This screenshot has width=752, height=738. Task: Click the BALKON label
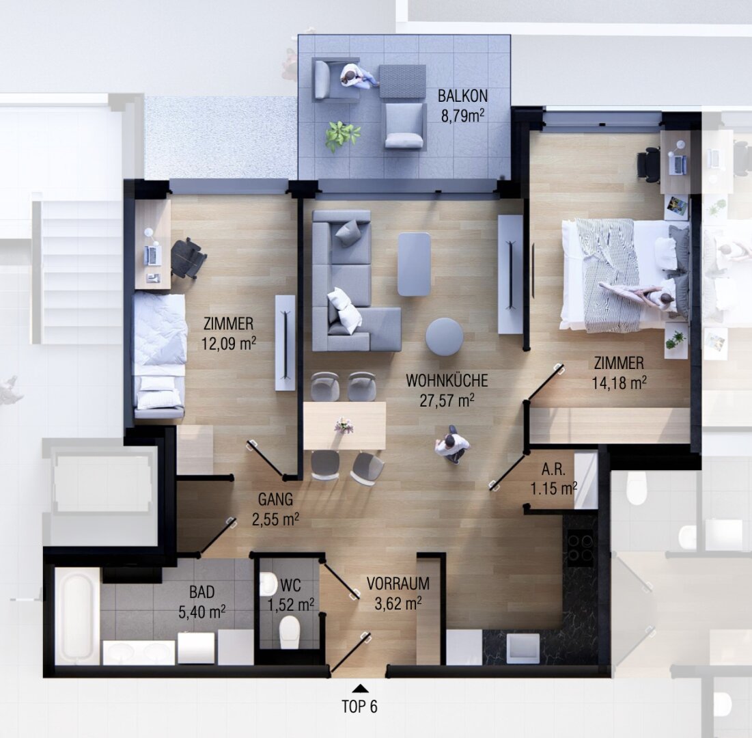click(462, 96)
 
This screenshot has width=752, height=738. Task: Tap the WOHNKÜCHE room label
click(447, 381)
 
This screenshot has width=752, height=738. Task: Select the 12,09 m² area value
click(229, 344)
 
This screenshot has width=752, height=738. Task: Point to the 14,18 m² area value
click(619, 383)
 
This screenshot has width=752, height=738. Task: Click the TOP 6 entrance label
click(359, 707)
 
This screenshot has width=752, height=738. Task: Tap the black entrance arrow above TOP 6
click(360, 689)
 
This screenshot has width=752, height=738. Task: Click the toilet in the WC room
click(290, 631)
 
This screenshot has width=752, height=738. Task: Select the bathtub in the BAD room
click(77, 616)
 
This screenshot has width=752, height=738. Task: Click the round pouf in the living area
click(444, 336)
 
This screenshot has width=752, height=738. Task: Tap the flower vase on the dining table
click(344, 426)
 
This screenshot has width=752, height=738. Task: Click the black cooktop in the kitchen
click(581, 547)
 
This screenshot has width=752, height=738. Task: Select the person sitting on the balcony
click(358, 76)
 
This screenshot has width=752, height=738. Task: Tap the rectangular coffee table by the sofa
click(414, 264)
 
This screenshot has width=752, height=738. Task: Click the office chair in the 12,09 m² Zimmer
click(188, 258)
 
